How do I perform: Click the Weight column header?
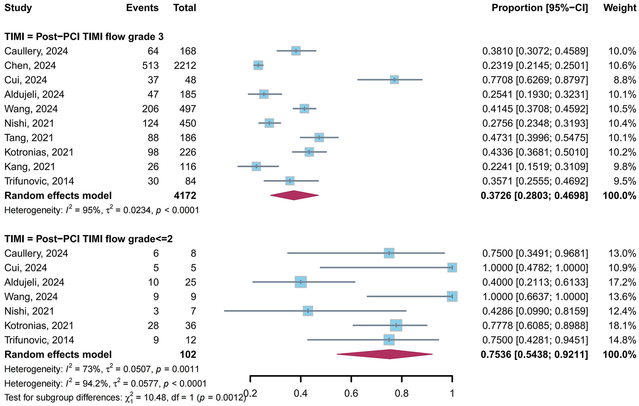[x=619, y=8]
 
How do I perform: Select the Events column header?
[x=142, y=8]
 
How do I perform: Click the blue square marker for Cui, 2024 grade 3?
[x=394, y=80]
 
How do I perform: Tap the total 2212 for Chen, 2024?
[x=185, y=65]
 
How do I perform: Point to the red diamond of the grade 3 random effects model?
[x=294, y=195]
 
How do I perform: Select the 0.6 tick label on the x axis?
[x=351, y=393]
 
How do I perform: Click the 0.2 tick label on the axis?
[x=250, y=393]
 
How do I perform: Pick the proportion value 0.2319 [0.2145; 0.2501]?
[x=535, y=65]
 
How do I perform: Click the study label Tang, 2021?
[x=29, y=138]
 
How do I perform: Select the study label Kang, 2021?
[x=30, y=166]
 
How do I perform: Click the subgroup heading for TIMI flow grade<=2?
[x=88, y=239]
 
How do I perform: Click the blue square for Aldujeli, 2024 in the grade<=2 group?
[x=300, y=282]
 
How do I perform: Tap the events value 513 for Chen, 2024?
[x=150, y=65]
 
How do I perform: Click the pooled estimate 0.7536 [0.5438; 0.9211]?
[x=534, y=354]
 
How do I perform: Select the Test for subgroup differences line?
[x=125, y=398]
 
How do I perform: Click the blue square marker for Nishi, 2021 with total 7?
[x=308, y=311]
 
